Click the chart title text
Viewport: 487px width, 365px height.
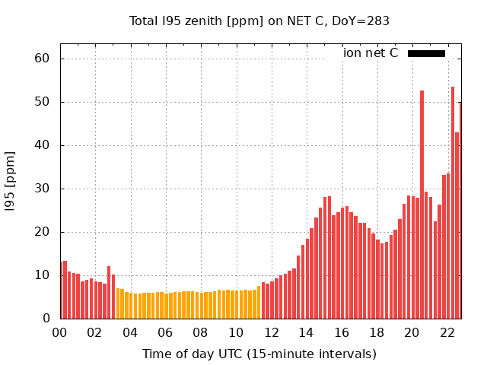[259, 21]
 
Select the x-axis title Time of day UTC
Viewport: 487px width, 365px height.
[259, 354]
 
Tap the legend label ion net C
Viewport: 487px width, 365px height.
[371, 53]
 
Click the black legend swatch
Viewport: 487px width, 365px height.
[426, 53]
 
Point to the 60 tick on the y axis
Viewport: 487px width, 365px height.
[42, 59]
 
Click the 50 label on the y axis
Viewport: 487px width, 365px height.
[42, 102]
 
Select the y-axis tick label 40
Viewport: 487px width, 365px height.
[42, 145]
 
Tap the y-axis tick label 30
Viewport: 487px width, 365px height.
[42, 189]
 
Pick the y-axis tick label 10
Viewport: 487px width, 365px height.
[42, 275]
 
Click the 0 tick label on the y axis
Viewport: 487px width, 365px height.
[46, 319]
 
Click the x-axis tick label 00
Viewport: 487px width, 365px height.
[59, 332]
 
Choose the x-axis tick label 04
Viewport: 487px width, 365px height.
[129, 332]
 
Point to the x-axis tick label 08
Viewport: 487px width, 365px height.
[200, 332]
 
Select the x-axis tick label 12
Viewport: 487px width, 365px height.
[271, 332]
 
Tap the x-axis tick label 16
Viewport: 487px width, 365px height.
[341, 332]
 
